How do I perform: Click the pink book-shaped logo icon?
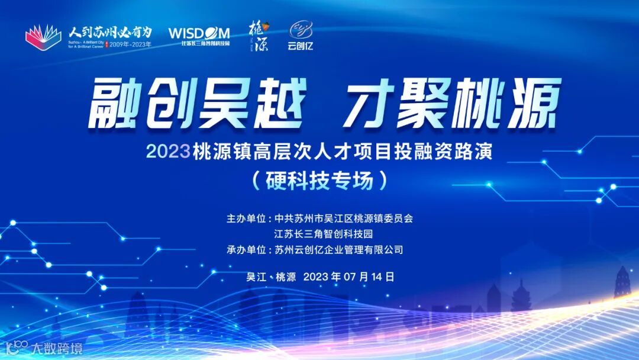click(x=43, y=37)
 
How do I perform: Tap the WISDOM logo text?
click(x=199, y=33)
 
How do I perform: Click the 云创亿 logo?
click(x=300, y=36)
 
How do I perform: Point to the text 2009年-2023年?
click(x=132, y=44)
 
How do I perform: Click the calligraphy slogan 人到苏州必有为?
click(x=110, y=31)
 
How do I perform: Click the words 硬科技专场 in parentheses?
click(x=319, y=180)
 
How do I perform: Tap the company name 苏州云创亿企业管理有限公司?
click(x=339, y=250)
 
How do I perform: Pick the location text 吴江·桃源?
click(x=270, y=277)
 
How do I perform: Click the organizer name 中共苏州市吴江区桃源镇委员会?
click(x=343, y=218)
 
